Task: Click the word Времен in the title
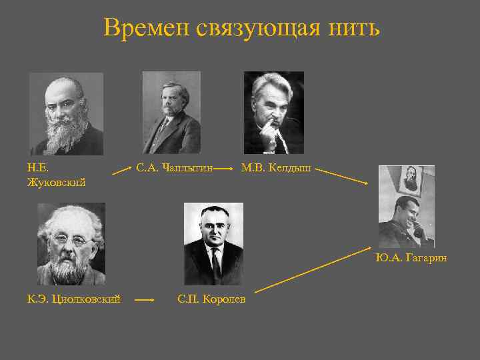(147, 28)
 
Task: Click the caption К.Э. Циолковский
(73, 299)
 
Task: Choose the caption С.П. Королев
(211, 299)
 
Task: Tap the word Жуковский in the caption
(56, 182)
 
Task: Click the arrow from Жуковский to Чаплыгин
(121, 171)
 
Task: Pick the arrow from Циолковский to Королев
(145, 301)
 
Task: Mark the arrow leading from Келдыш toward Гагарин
(343, 176)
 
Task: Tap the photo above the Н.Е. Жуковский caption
(66, 114)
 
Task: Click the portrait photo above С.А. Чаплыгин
(171, 113)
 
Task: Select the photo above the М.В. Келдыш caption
(273, 113)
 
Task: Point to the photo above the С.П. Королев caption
(213, 243)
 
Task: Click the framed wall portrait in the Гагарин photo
(411, 179)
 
